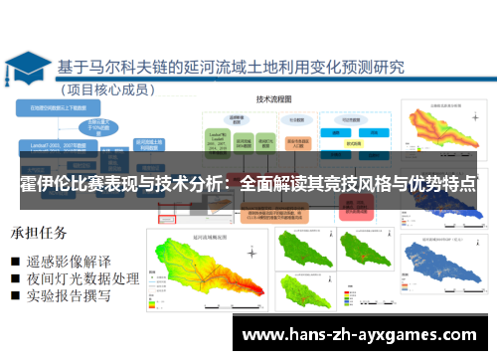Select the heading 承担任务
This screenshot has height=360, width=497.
pyautogui.click(x=39, y=234)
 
